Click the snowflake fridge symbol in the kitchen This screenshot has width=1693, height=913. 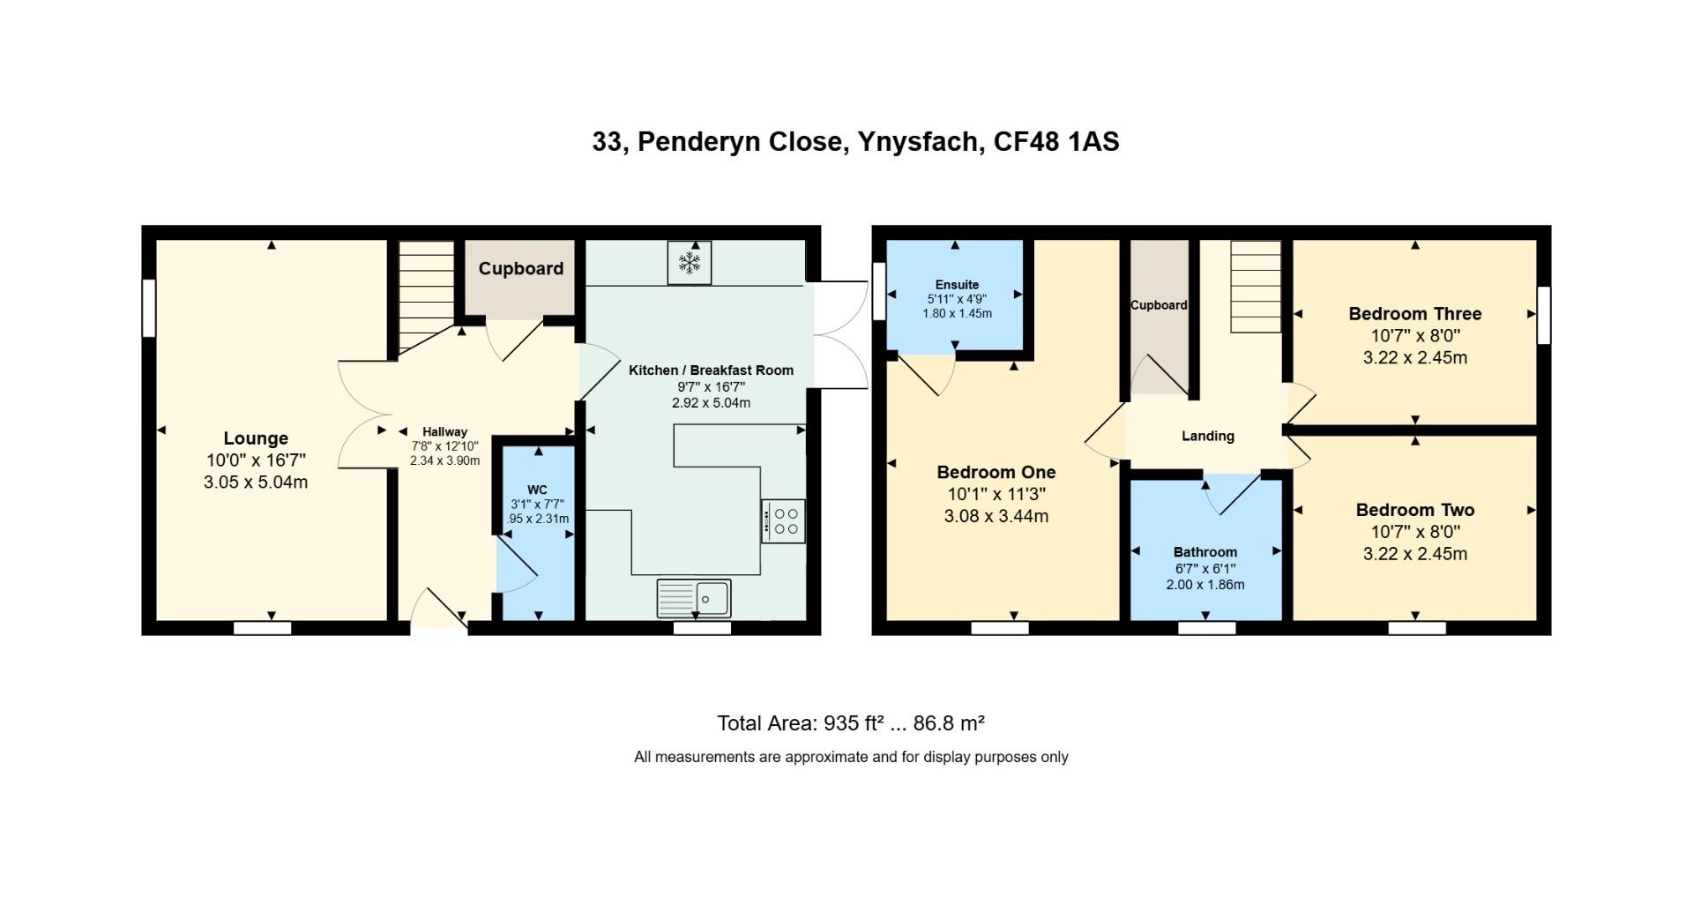pyautogui.click(x=689, y=262)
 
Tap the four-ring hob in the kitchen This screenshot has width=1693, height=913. pyautogui.click(x=783, y=521)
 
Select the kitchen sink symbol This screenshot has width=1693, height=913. pyautogui.click(x=694, y=599)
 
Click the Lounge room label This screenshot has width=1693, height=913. pyautogui.click(x=256, y=438)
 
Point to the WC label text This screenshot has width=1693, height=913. pyautogui.click(x=537, y=490)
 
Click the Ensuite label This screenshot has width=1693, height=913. pyautogui.click(x=957, y=284)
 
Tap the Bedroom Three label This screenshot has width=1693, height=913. pyautogui.click(x=1414, y=313)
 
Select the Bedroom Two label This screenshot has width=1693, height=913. pyautogui.click(x=1414, y=510)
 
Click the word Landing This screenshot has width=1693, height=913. pyautogui.click(x=1207, y=436)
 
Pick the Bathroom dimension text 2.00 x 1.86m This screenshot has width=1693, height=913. pyautogui.click(x=1204, y=585)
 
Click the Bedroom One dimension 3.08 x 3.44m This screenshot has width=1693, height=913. pyautogui.click(x=996, y=516)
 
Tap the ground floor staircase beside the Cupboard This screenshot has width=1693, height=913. pyautogui.click(x=426, y=296)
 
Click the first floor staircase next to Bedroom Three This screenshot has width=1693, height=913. pyautogui.click(x=1256, y=287)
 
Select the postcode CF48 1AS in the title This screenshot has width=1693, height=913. pyautogui.click(x=1056, y=142)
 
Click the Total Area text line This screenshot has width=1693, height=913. pyautogui.click(x=850, y=723)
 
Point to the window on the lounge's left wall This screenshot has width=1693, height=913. pyautogui.click(x=149, y=308)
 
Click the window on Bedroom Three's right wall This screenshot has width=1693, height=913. pyautogui.click(x=1543, y=315)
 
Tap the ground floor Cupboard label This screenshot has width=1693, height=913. pyautogui.click(x=520, y=268)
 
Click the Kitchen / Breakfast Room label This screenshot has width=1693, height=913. pyautogui.click(x=711, y=370)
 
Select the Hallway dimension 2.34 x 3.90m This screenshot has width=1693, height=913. pyautogui.click(x=444, y=460)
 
